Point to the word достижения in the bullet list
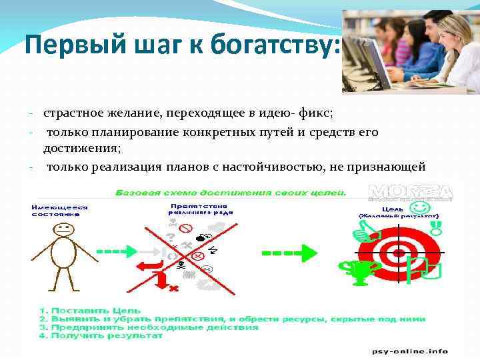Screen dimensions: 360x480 pos(82,149)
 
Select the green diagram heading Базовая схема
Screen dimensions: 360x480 pos(230,192)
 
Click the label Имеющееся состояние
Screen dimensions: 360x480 pos(59,210)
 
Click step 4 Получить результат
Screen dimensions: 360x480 pos(100,335)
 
